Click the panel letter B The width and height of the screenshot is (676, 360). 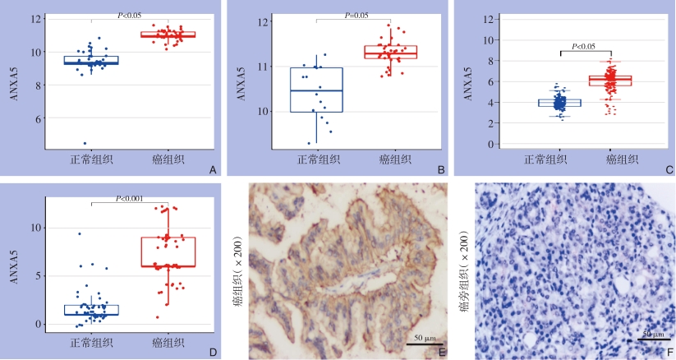point(442,170)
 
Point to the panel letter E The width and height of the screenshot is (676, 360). point(441,352)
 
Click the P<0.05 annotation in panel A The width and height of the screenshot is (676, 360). point(126,14)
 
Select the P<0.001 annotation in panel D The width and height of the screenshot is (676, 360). point(131,197)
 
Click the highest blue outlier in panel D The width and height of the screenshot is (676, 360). point(79,234)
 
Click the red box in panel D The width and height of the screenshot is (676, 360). point(169,252)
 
